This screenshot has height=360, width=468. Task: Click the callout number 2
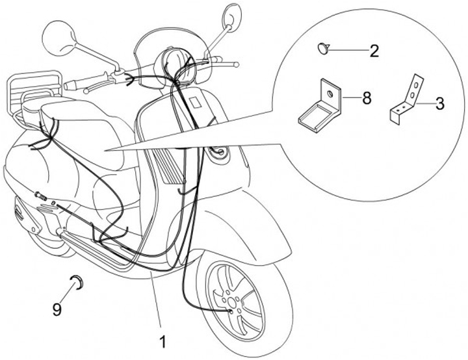tap(374, 51)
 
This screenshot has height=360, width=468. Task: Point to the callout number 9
tap(57, 310)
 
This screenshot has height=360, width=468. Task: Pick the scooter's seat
tap(84, 120)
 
